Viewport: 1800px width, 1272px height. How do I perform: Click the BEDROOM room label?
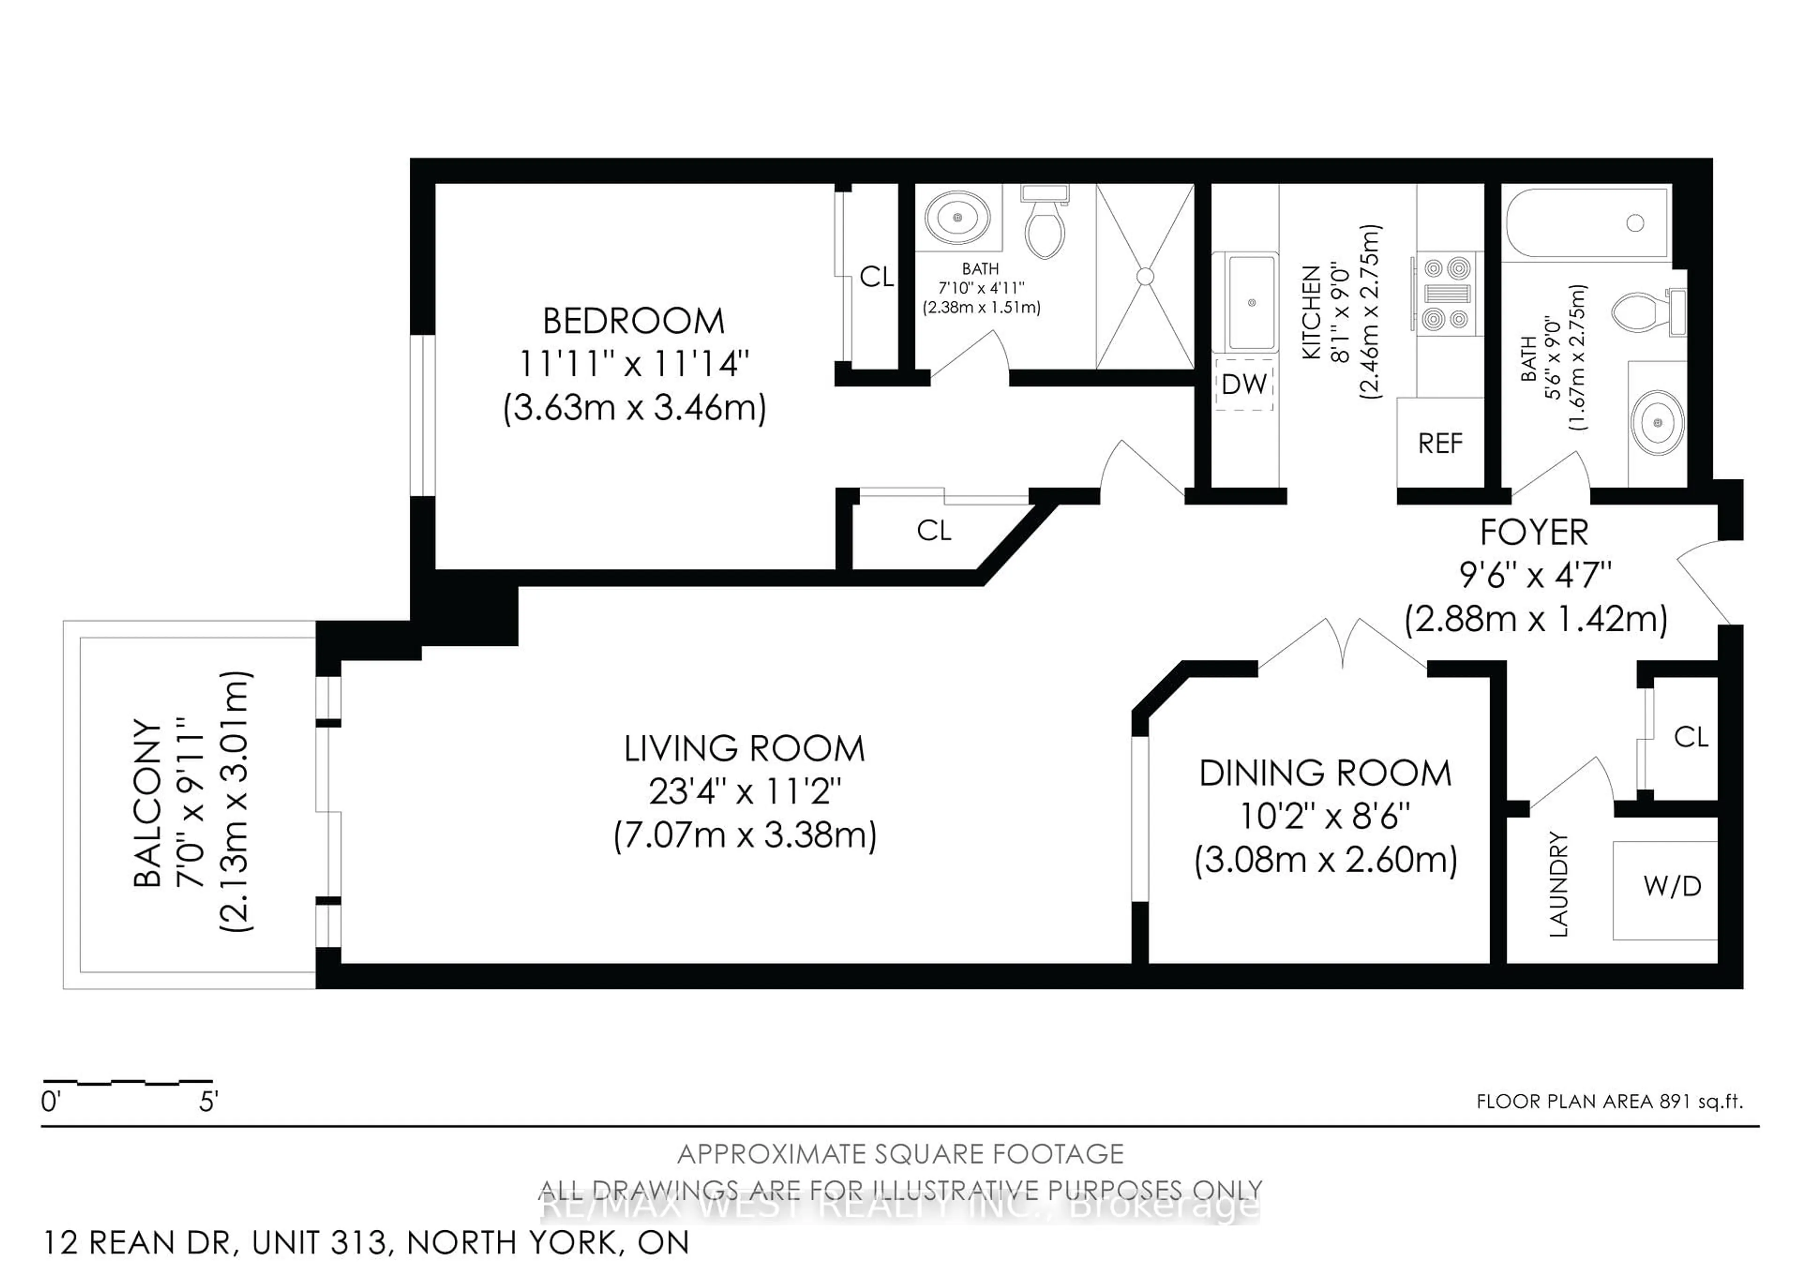[x=633, y=322]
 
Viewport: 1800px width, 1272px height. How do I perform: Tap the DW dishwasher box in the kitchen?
[x=1244, y=384]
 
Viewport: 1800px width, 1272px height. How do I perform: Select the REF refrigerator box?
[x=1440, y=443]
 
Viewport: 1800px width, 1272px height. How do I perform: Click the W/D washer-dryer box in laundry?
[x=1672, y=886]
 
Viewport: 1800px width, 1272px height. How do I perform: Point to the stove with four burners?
[x=1447, y=294]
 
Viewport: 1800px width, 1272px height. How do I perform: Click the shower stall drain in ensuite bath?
[x=1145, y=276]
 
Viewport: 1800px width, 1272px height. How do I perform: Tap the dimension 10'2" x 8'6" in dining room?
[x=1325, y=816]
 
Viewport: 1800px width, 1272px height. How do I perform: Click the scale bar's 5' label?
[x=208, y=1102]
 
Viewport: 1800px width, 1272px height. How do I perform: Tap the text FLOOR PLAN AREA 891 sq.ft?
[x=1609, y=1101]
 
